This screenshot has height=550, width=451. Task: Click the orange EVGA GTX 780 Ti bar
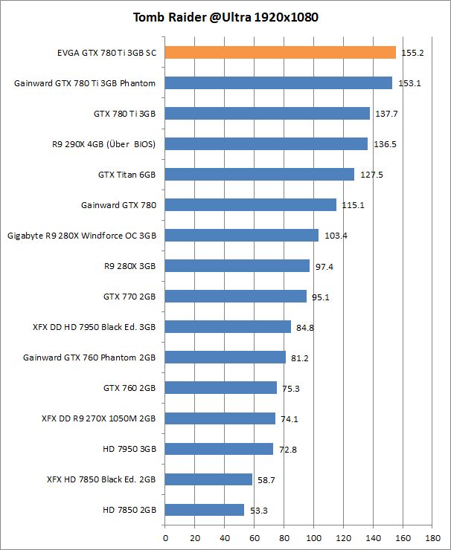[280, 52]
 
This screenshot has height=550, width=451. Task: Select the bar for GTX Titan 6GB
[259, 174]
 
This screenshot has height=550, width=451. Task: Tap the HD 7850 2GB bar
[204, 510]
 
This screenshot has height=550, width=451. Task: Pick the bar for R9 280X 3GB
[237, 265]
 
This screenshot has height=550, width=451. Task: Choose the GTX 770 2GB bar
[235, 296]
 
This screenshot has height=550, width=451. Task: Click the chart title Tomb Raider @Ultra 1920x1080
[225, 17]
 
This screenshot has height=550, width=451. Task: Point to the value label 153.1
[409, 83]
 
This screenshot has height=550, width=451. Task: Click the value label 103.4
[336, 236]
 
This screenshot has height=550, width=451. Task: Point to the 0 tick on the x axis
[164, 537]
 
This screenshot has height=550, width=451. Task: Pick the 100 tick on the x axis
[313, 537]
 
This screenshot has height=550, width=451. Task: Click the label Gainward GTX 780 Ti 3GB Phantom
[85, 83]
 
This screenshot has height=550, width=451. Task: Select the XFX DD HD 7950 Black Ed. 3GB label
[94, 326]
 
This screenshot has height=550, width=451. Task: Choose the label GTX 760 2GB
[129, 387]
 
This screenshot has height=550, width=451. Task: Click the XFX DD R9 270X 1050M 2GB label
[98, 418]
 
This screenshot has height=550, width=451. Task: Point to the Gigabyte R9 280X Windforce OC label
[82, 236]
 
